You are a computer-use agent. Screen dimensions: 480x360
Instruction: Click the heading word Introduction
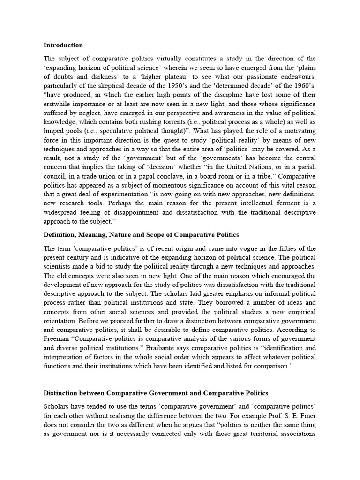(x=63, y=45)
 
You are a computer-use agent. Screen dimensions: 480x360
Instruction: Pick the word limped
(x=53, y=131)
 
